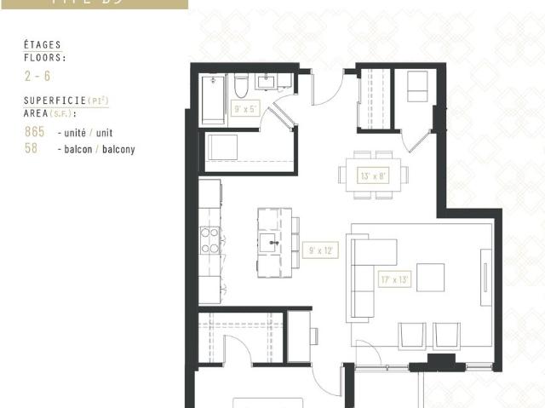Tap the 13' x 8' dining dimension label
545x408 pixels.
pyautogui.click(x=373, y=176)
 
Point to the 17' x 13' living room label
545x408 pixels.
pyautogui.click(x=396, y=279)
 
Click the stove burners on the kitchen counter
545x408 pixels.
pyautogui.click(x=209, y=240)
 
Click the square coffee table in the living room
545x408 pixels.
pyautogui.click(x=431, y=278)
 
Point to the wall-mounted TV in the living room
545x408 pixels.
pyautogui.click(x=485, y=277)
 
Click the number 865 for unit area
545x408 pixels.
pyautogui.click(x=35, y=134)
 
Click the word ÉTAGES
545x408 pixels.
pyautogui.click(x=42, y=44)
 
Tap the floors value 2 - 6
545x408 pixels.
pyautogui.click(x=37, y=76)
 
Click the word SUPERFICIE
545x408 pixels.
pyautogui.click(x=52, y=101)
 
